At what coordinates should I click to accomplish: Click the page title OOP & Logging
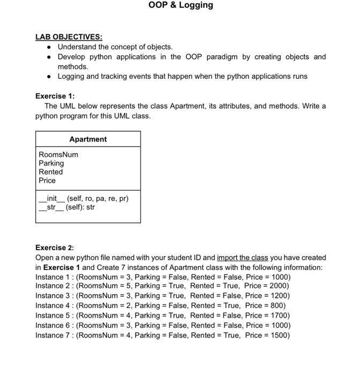point(181,5)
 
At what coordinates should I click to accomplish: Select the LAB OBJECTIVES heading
point(69,37)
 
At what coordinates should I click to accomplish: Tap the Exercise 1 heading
point(55,96)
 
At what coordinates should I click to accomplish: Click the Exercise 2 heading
point(55,247)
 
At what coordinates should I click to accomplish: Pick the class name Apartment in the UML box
point(88,139)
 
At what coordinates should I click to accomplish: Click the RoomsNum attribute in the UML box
point(58,154)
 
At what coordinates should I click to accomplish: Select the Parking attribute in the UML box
point(51,163)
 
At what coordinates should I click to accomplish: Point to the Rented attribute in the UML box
point(50,172)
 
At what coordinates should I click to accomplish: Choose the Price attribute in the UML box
point(47,181)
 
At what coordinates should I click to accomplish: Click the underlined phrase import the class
point(242,258)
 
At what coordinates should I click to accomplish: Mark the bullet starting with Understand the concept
point(115,47)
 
